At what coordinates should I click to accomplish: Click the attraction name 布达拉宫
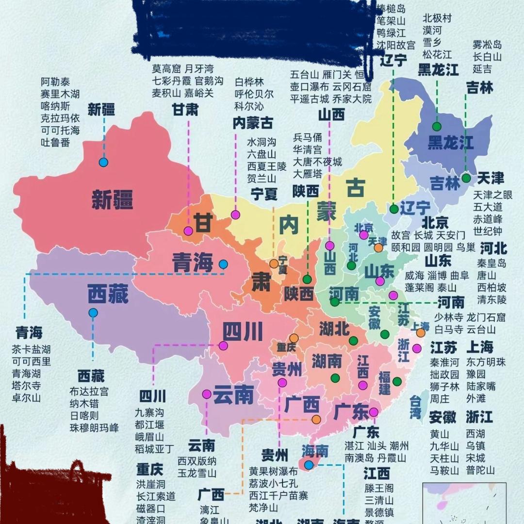(89, 392)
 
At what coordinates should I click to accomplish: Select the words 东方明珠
(486, 362)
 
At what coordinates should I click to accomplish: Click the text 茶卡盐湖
(32, 349)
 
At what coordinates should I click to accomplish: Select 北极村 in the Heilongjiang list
(437, 18)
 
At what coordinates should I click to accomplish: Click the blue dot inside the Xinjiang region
(103, 163)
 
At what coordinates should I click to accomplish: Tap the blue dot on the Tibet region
(93, 313)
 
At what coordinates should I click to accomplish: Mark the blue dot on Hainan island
(309, 465)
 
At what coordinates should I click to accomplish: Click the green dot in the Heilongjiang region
(437, 127)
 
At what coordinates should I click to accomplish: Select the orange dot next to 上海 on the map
(421, 333)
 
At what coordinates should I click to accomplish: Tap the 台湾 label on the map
(415, 407)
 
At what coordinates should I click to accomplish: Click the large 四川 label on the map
(243, 332)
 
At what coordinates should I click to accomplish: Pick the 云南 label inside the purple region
(233, 395)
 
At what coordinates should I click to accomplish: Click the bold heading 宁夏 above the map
(264, 194)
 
